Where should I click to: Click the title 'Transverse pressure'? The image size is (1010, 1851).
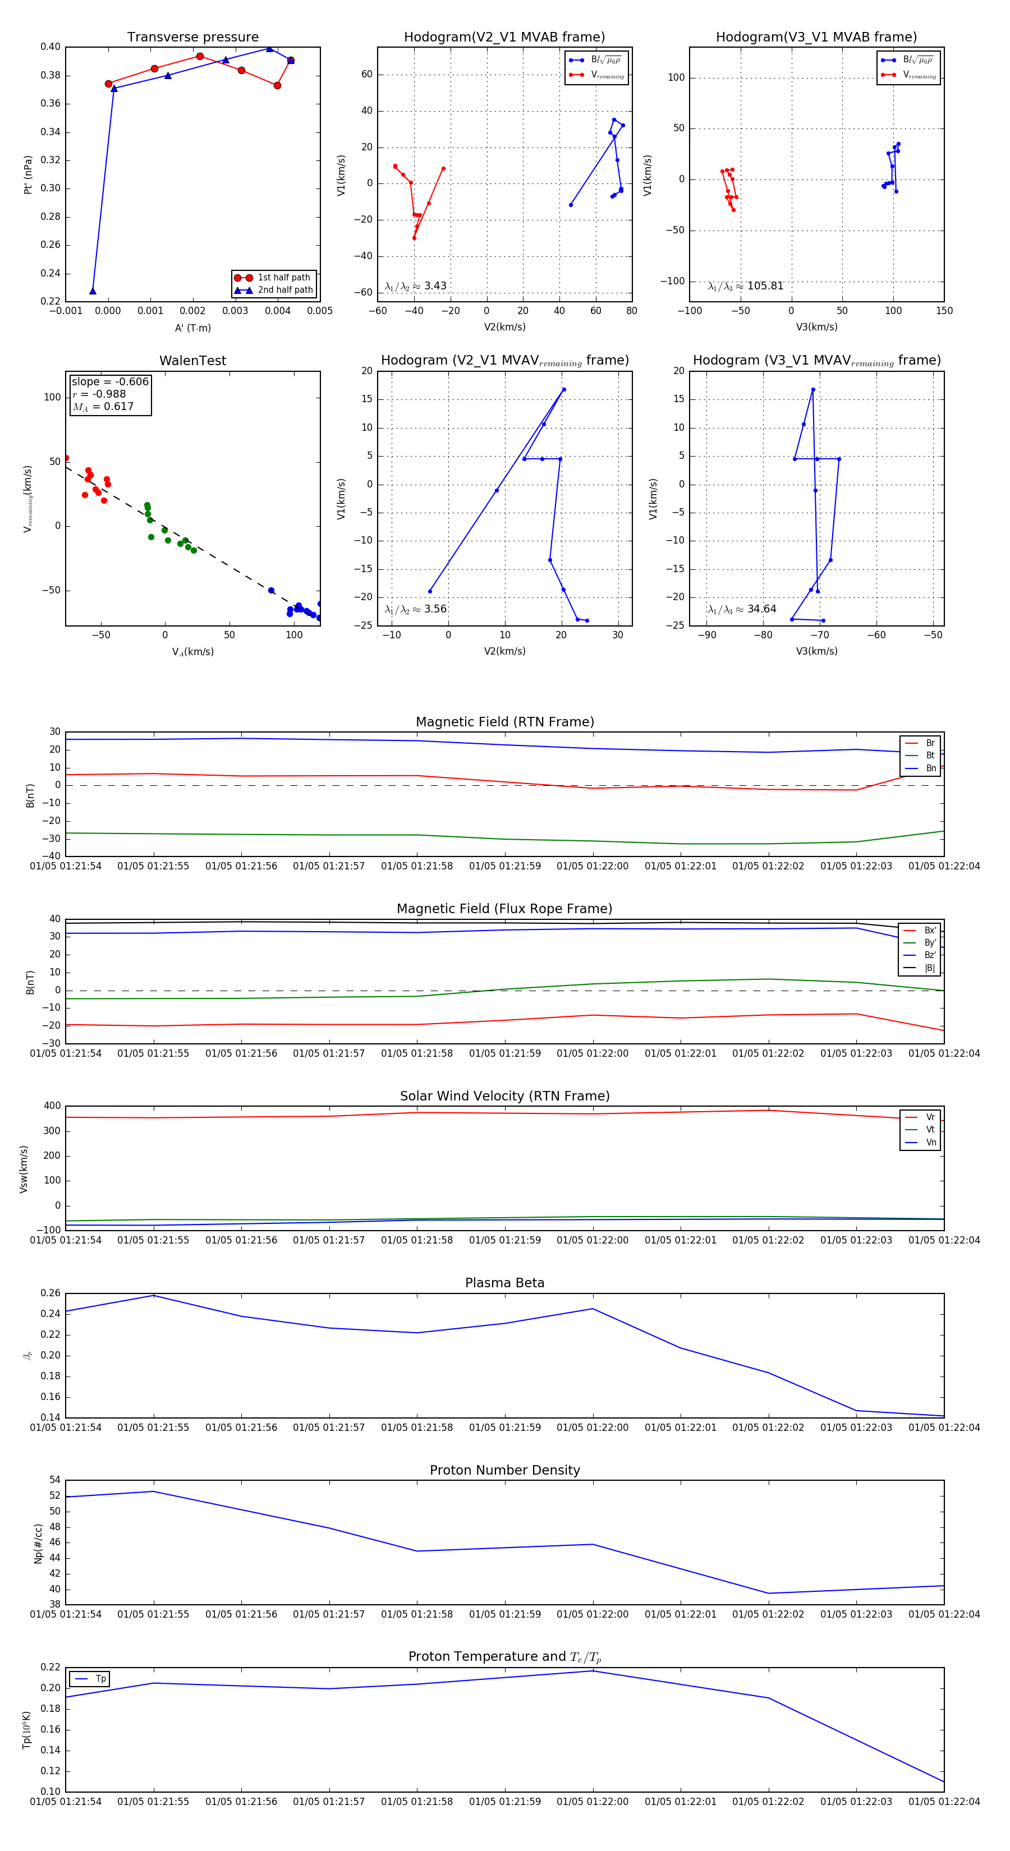point(192,38)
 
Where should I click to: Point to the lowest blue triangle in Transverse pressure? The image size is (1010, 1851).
point(93,291)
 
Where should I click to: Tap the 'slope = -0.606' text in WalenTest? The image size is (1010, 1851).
point(110,381)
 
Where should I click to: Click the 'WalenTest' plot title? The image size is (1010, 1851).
point(192,361)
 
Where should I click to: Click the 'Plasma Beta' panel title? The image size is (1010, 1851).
point(504,1283)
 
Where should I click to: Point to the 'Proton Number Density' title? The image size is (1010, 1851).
point(504,1470)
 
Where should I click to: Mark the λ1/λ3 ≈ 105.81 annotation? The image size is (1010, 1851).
point(746,286)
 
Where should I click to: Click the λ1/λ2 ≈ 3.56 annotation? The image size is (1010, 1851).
point(415,609)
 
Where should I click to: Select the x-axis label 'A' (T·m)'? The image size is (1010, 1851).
point(192,328)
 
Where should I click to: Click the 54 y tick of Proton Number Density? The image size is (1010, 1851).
point(54,1480)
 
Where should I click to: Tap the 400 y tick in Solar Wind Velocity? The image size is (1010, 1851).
point(52,1106)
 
